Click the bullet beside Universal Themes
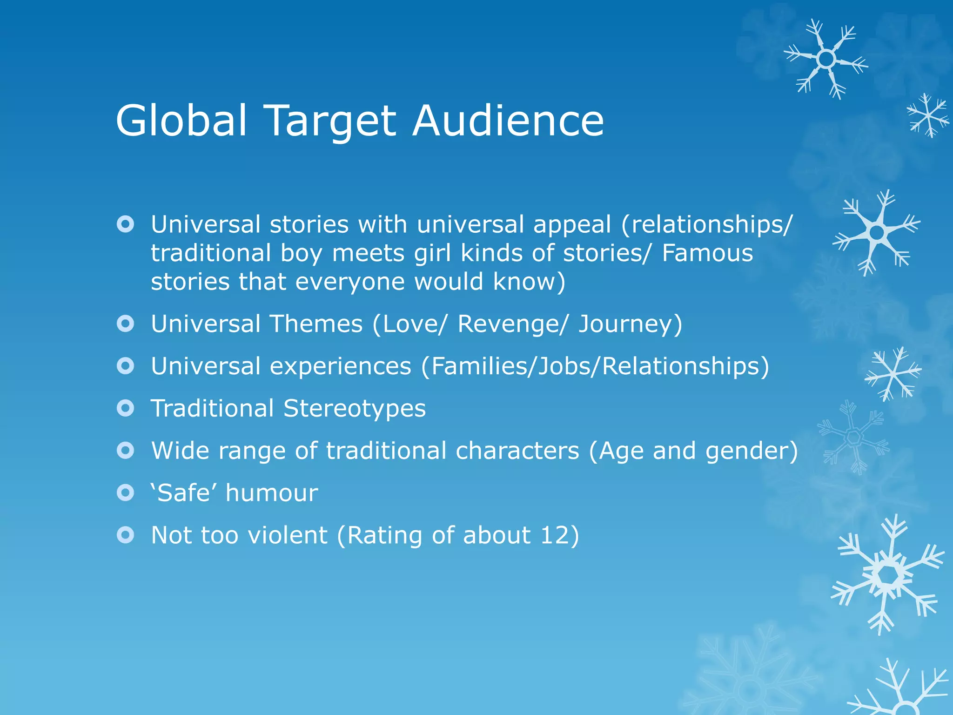[x=126, y=324]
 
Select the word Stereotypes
[x=355, y=409]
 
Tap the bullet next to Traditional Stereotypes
[x=126, y=408]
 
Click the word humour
[x=272, y=493]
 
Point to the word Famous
[x=707, y=253]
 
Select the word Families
[x=481, y=366]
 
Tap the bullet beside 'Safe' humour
[x=126, y=492]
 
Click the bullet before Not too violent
[x=126, y=535]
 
